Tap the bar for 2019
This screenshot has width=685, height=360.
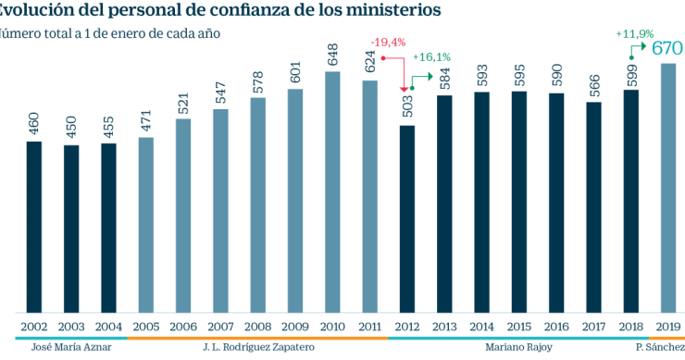click(668, 189)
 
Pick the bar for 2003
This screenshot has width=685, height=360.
click(71, 229)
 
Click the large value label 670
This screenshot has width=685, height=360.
click(667, 48)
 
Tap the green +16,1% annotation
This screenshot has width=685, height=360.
click(430, 56)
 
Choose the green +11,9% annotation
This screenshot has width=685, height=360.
click(633, 33)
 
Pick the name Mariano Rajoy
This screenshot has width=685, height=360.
click(518, 348)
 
